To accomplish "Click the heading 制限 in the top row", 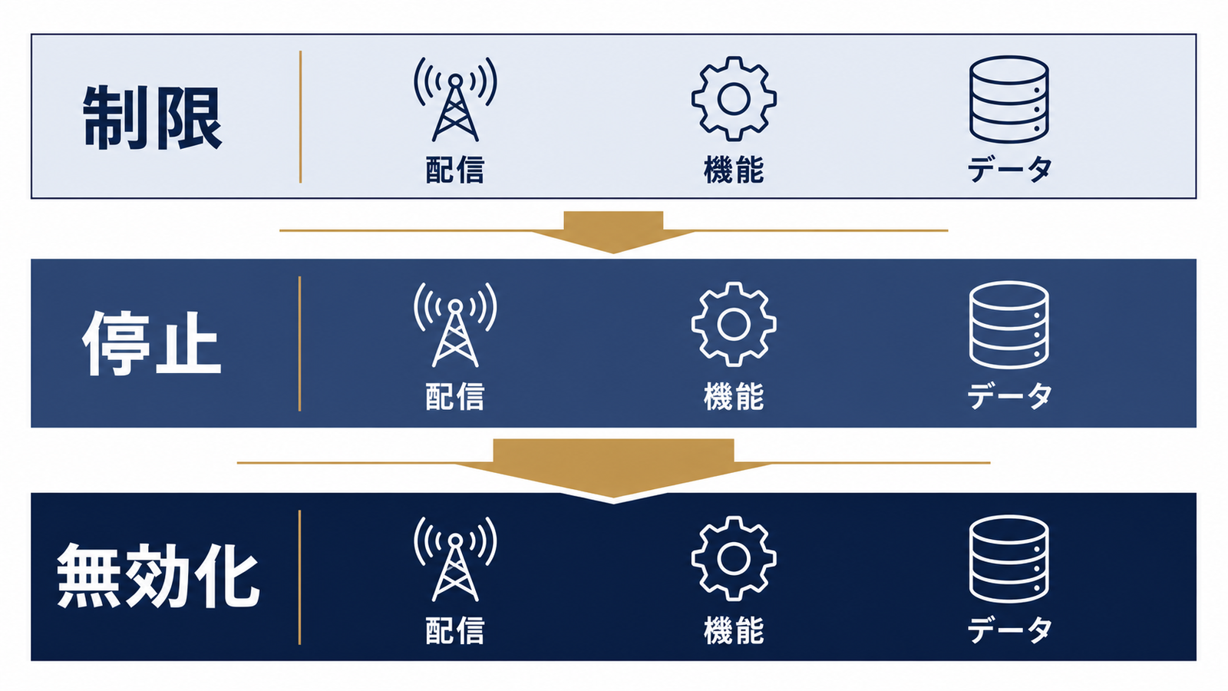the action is tap(153, 117).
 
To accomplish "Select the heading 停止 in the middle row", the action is tap(153, 343).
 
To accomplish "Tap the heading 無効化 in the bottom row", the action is tap(158, 576).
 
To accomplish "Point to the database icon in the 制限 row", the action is tap(1008, 99).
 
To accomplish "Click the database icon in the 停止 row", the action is tap(1008, 325).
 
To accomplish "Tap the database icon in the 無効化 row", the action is tap(1008, 559).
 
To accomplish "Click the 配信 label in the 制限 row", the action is tap(455, 170).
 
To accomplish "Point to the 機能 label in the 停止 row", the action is tap(734, 396).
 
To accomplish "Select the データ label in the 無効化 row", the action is tap(1008, 630).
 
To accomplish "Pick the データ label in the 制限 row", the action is tap(1008, 170).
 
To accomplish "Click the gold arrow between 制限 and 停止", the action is tap(613, 232).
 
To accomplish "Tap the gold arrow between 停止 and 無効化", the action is tap(613, 469).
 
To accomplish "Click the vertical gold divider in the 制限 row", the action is tap(300, 117).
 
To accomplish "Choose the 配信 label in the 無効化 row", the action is tap(455, 630).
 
